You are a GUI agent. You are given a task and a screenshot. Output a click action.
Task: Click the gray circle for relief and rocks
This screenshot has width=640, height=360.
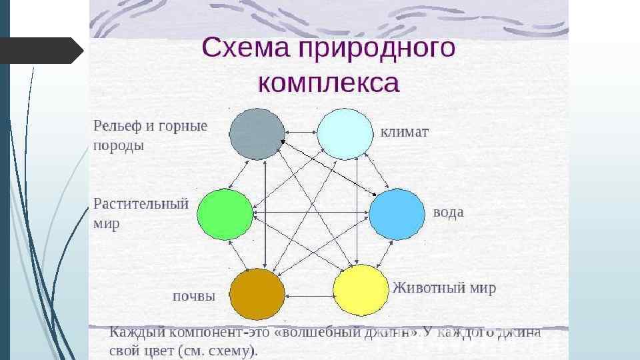(257, 134)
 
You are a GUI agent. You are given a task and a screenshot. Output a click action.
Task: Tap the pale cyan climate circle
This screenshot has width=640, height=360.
(344, 134)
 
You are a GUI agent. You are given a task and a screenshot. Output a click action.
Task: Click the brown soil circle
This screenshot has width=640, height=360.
(257, 294)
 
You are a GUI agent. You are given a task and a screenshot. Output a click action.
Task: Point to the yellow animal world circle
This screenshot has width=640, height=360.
(361, 290)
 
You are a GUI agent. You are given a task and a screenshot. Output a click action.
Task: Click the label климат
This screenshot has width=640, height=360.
(405, 132)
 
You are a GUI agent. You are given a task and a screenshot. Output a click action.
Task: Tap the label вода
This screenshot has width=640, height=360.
(448, 213)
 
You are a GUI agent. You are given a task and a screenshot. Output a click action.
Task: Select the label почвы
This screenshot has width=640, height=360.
(193, 297)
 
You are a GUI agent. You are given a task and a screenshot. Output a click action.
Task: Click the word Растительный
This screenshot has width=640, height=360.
(141, 203)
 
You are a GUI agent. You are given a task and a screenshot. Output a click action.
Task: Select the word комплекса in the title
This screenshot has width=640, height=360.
(328, 84)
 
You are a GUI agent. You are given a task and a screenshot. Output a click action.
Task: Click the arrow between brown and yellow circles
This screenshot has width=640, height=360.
(309, 296)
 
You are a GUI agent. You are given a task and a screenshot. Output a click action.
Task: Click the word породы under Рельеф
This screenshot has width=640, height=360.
(119, 145)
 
